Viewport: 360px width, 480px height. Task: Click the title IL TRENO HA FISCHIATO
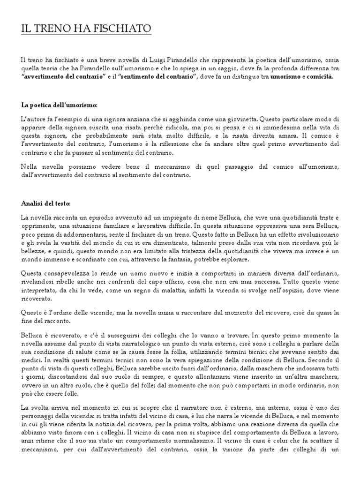(86, 30)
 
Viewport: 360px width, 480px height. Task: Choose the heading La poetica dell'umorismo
(60, 104)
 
